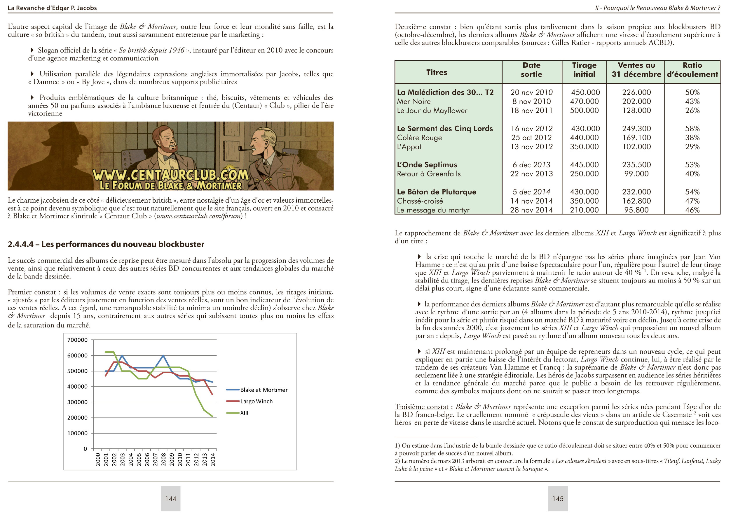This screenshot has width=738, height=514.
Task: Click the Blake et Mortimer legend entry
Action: [x=264, y=390]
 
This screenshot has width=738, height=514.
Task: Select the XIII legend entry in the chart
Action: [x=244, y=413]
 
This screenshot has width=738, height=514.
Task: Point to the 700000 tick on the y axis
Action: [x=77, y=340]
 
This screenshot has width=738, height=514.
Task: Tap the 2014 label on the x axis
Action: [x=212, y=459]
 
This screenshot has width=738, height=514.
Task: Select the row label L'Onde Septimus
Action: [x=427, y=165]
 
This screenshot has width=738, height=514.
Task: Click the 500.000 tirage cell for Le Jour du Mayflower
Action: [x=584, y=110]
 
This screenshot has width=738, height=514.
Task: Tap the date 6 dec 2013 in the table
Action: [x=531, y=165]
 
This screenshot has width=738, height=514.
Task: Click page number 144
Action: [x=171, y=499]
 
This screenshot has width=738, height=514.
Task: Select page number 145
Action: [x=558, y=499]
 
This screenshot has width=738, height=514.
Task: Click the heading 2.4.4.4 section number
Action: [x=20, y=244]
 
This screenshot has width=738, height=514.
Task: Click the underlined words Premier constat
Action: [x=32, y=292]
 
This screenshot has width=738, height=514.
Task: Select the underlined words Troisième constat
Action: [x=421, y=407]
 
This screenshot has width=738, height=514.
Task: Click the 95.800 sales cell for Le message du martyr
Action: [x=636, y=210]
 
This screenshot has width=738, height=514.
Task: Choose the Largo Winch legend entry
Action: [x=256, y=401]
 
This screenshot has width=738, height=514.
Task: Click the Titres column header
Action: [x=437, y=72]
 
